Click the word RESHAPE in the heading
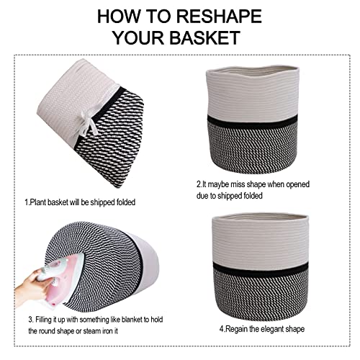tap(219, 17)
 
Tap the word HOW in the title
tap(119, 17)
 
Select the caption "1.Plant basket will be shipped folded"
tap(80, 202)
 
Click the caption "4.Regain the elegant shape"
tap(262, 328)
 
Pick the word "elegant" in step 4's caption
tap(274, 329)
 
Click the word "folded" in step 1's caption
tap(126, 202)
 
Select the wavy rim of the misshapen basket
tap(253, 70)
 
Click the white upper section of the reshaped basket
tap(260, 240)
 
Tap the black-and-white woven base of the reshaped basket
tap(261, 295)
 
